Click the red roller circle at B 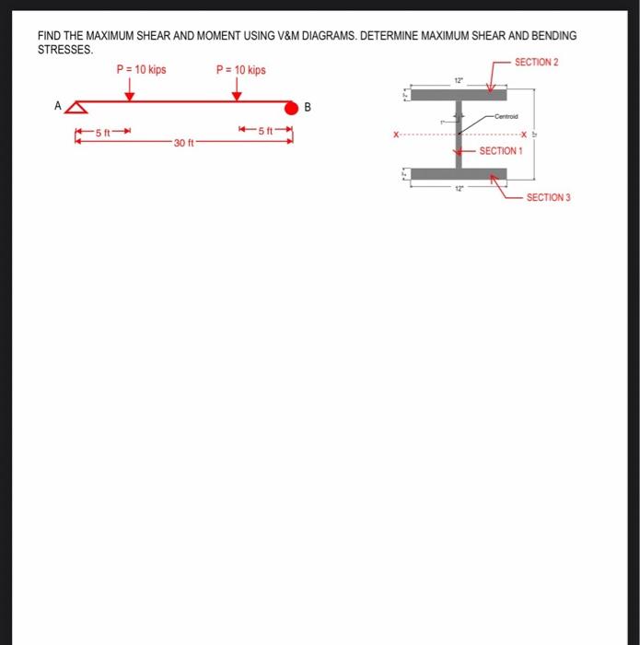tap(292, 108)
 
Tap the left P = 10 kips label tap(141, 70)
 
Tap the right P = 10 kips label tap(240, 70)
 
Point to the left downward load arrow tap(130, 90)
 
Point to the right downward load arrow tap(237, 90)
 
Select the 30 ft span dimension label tap(183, 143)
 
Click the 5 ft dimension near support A tap(103, 133)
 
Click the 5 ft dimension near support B tap(265, 132)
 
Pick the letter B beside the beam tap(308, 108)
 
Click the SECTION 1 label tap(501, 150)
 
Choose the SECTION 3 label tap(548, 197)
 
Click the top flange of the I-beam tap(458, 94)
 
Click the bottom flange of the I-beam tap(458, 173)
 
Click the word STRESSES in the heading tap(64, 50)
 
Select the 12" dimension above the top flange tap(458, 82)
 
